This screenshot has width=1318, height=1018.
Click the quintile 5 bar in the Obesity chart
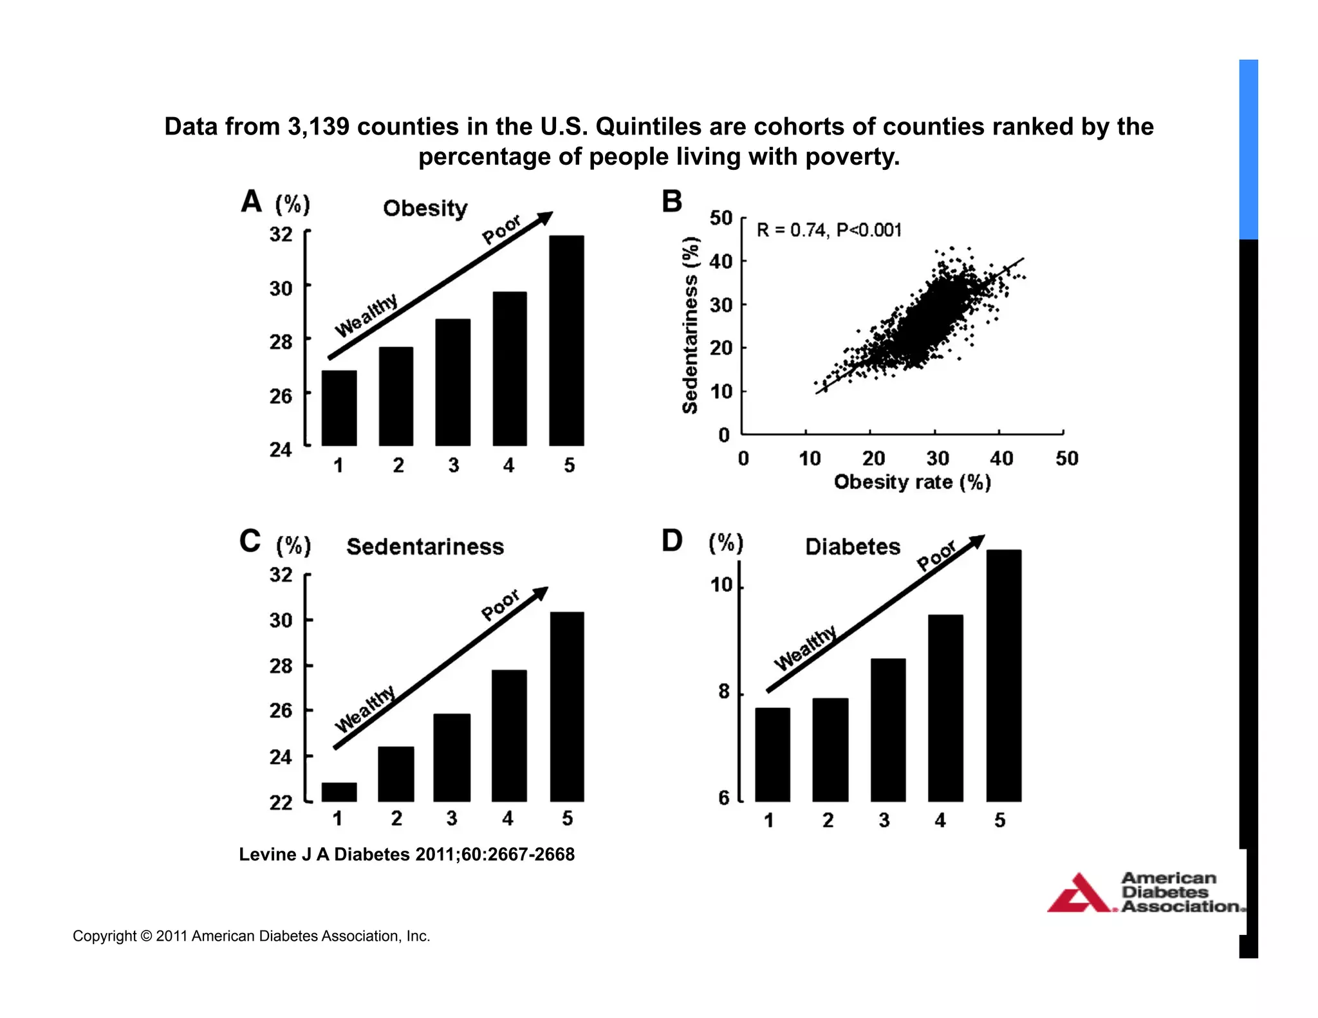pyautogui.click(x=566, y=341)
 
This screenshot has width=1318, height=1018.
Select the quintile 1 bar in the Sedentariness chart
pyautogui.click(x=339, y=792)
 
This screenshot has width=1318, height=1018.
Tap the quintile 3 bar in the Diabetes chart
pyautogui.click(x=887, y=730)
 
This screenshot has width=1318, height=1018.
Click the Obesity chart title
pyautogui.click(x=425, y=208)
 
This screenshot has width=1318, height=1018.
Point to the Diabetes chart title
pyautogui.click(x=853, y=547)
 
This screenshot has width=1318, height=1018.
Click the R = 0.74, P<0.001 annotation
pyautogui.click(x=829, y=230)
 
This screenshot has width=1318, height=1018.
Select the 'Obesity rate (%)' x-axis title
pyautogui.click(x=912, y=482)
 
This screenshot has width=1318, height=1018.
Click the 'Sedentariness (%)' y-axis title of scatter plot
pyautogui.click(x=690, y=325)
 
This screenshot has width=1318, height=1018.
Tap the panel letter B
pyautogui.click(x=672, y=201)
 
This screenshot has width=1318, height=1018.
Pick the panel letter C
pyautogui.click(x=250, y=541)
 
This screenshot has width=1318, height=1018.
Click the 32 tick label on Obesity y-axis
pyautogui.click(x=281, y=234)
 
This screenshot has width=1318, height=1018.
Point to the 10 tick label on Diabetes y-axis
pyautogui.click(x=721, y=585)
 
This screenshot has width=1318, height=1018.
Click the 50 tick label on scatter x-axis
pyautogui.click(x=1066, y=459)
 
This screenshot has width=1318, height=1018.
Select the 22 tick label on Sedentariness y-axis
pyautogui.click(x=281, y=802)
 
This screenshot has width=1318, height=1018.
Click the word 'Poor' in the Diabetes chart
pyautogui.click(x=936, y=556)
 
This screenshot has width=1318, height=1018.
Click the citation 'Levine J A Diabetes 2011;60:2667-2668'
pyautogui.click(x=407, y=855)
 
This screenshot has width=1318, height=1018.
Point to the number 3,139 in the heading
pyautogui.click(x=319, y=127)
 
